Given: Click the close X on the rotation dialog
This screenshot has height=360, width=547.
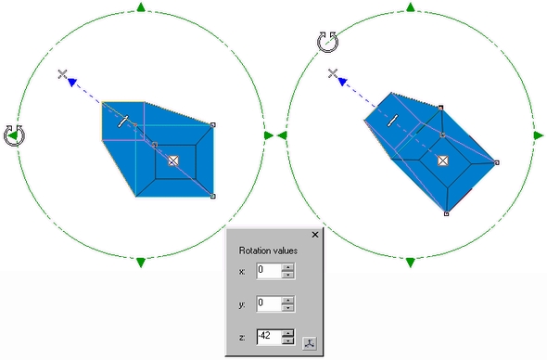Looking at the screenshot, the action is tap(314, 235).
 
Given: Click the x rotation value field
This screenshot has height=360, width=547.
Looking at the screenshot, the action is tap(269, 271).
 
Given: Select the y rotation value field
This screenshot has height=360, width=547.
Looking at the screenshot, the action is tap(269, 303).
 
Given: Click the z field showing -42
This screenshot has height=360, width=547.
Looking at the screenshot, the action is tap(269, 337).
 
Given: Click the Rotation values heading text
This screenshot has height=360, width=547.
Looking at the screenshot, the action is tap(268, 251).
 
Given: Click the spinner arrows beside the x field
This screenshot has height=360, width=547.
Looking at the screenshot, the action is tap(287, 271).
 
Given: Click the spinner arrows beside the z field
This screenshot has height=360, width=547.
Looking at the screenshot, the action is tap(287, 337).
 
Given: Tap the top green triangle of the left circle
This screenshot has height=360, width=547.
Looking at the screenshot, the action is tap(141, 7).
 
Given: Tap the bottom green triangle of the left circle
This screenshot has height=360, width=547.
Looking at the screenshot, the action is tap(141, 263).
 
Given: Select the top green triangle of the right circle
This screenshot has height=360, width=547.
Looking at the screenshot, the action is tap(411, 7).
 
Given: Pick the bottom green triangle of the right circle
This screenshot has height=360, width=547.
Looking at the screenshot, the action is tap(411, 263).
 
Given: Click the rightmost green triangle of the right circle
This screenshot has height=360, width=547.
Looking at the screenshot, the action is tap(539, 135).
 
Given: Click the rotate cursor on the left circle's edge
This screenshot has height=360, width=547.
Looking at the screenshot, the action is tap(14, 135).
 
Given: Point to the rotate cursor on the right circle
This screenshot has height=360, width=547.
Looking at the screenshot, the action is tap(327, 42).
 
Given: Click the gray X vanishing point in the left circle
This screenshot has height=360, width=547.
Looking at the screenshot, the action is tap(62, 74).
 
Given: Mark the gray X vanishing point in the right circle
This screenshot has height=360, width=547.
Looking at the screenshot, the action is tap(333, 73).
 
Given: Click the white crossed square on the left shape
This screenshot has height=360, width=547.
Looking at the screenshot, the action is tap(173, 161).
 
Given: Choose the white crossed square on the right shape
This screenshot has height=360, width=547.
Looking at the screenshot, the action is tap(442, 161).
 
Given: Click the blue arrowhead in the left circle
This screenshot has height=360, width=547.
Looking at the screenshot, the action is tap(72, 82).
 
